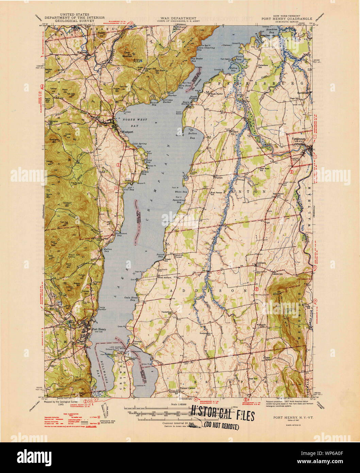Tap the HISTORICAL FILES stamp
(x=223, y=416)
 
